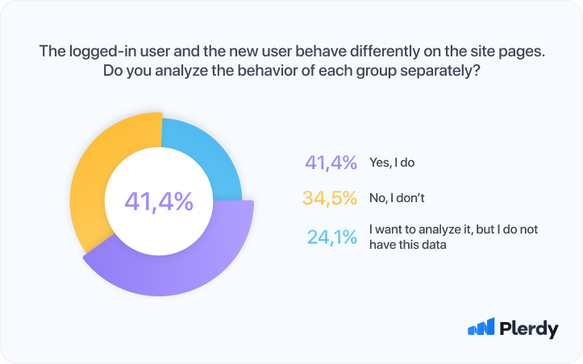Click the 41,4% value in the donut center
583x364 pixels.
(159, 201)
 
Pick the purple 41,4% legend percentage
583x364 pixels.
(331, 163)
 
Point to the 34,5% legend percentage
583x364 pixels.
(330, 197)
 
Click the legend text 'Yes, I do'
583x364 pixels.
(392, 163)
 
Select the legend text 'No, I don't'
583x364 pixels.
(397, 197)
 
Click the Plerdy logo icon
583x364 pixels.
(481, 327)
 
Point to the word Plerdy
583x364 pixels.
(529, 329)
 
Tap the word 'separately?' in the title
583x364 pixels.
(440, 70)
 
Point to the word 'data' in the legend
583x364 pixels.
(432, 246)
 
